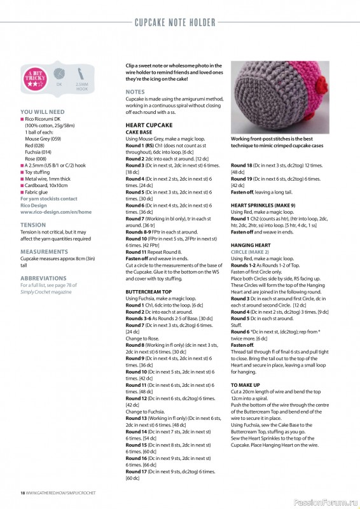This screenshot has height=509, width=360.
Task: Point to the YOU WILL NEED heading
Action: (43, 111)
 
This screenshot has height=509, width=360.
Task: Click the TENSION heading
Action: (33, 225)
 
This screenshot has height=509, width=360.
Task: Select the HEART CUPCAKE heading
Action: (149, 125)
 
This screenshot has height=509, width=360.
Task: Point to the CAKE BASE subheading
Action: (141, 132)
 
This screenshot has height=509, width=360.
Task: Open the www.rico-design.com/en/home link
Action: (56, 212)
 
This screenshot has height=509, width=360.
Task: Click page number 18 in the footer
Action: (22, 492)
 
